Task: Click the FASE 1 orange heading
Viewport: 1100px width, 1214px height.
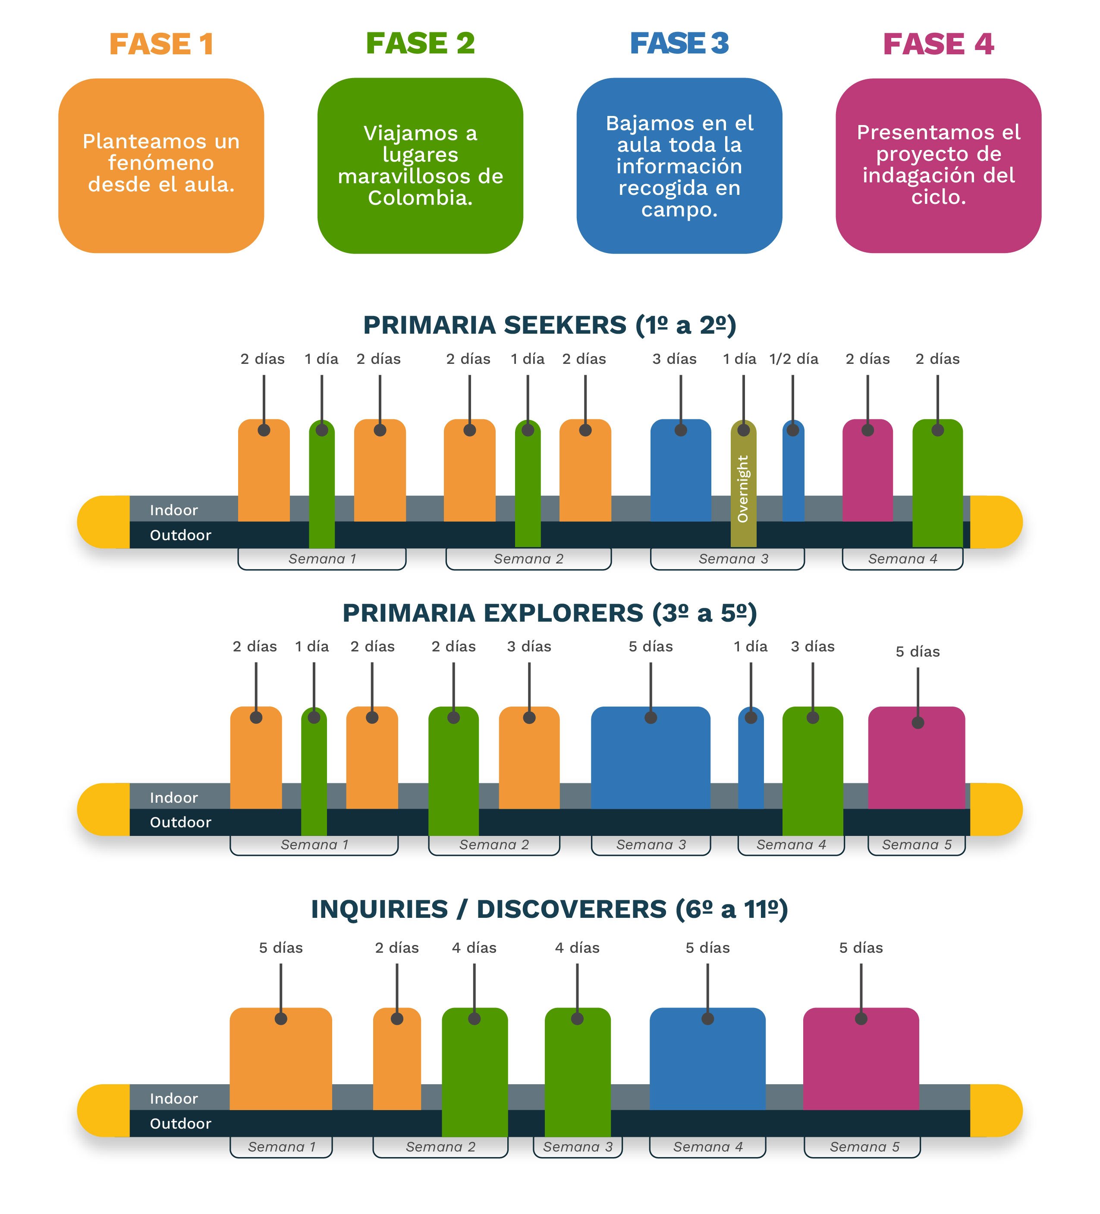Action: [x=161, y=44]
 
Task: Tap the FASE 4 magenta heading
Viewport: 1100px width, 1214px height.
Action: [x=937, y=44]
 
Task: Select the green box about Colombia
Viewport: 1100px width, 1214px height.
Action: [x=420, y=165]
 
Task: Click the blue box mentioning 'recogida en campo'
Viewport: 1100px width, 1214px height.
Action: [x=679, y=166]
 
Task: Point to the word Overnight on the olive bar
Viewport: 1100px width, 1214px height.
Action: [x=743, y=488]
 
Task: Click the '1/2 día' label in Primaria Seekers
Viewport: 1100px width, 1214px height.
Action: [x=793, y=359]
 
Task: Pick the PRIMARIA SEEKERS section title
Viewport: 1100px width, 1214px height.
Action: [x=550, y=325]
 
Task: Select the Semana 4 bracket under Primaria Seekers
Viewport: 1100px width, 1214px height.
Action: [x=902, y=559]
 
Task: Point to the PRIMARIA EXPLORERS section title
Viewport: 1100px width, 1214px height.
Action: [x=550, y=613]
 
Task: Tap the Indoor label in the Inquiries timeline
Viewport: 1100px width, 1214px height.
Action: [x=173, y=1098]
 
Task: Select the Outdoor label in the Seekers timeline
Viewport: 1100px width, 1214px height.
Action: [x=180, y=535]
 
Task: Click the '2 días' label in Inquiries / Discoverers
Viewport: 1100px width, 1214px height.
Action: [x=396, y=948]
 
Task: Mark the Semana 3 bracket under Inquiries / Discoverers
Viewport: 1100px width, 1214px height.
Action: [x=577, y=1147]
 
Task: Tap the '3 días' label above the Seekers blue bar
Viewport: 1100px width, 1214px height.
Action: [x=674, y=359]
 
